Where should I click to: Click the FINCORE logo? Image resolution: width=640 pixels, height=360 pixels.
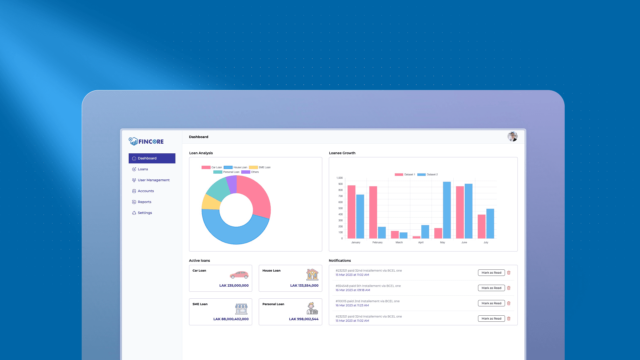pos(146,141)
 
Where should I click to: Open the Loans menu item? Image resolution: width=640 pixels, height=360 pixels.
pos(143,169)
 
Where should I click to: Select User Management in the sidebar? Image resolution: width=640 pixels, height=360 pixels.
pos(153,180)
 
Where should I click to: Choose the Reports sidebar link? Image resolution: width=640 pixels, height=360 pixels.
pos(144,202)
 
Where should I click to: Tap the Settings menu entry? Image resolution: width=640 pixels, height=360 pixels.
pos(145,213)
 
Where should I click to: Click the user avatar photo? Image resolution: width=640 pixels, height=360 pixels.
pos(512,136)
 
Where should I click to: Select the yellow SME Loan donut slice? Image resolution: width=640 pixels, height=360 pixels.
pos(211,202)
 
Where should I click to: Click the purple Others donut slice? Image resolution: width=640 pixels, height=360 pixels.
pos(232,184)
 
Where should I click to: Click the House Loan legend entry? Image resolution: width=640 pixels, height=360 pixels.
pos(236,167)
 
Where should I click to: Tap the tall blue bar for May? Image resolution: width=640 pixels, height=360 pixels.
pos(447,210)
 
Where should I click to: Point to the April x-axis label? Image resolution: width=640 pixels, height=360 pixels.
pos(421,242)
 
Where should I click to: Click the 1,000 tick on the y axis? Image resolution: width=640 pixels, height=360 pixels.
pos(339,178)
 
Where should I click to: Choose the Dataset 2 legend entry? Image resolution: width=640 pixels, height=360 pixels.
pos(428,175)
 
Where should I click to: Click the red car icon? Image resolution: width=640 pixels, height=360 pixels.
pos(239,275)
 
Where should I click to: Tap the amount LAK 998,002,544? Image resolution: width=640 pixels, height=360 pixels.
pos(303,319)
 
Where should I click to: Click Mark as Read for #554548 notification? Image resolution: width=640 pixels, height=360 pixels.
pos(491,288)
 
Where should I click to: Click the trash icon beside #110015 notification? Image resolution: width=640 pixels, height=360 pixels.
pos(509,303)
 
